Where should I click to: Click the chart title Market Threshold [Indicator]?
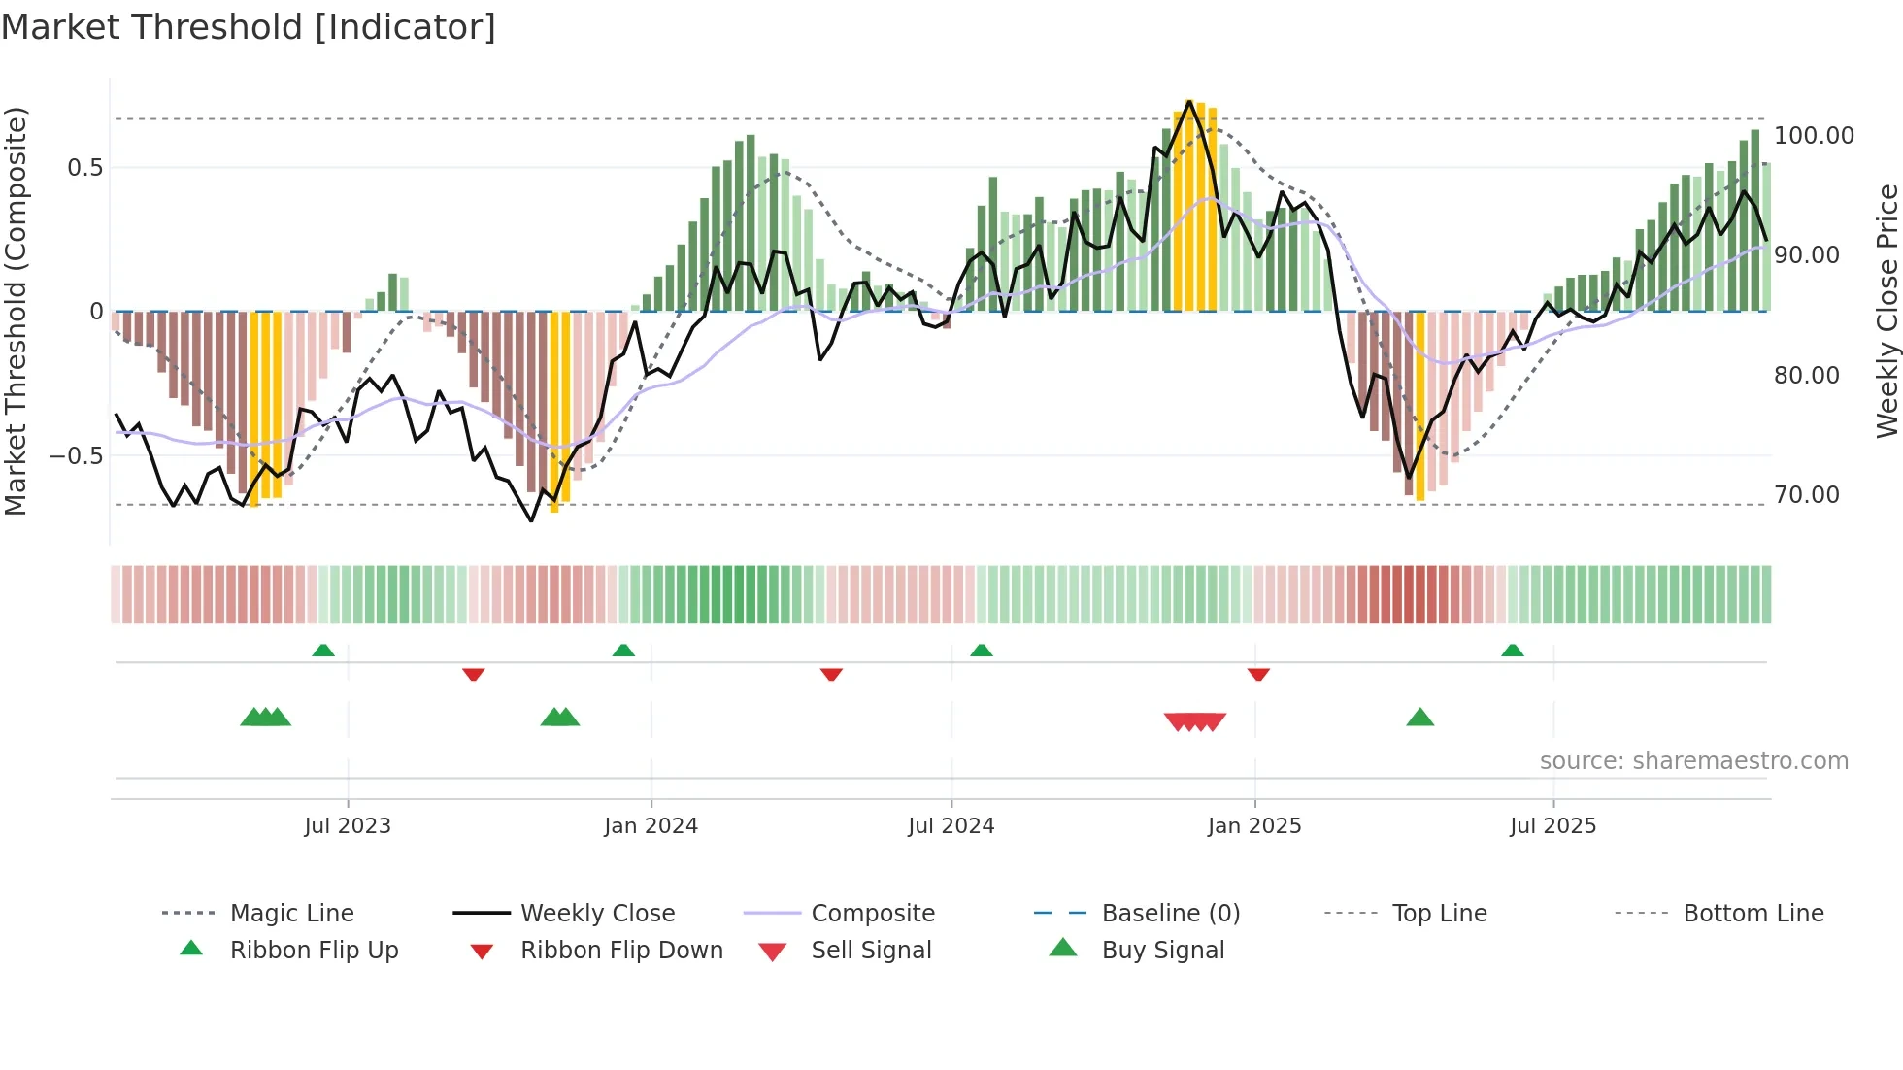click(249, 27)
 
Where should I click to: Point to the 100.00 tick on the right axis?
click(1814, 136)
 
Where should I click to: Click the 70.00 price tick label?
click(1806, 495)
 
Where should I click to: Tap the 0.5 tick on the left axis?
click(84, 168)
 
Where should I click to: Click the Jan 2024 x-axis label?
click(651, 826)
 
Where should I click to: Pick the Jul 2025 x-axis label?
click(1552, 826)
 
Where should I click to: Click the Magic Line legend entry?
click(291, 914)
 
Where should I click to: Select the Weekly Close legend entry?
click(597, 914)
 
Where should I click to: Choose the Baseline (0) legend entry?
click(1170, 914)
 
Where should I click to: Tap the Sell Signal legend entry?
click(871, 951)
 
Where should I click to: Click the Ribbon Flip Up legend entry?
click(314, 951)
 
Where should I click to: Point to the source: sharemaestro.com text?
click(1693, 761)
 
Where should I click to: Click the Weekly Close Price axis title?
click(1886, 311)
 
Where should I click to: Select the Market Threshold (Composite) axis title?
click(16, 311)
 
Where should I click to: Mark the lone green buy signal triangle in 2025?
click(1419, 718)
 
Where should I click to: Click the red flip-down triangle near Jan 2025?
click(1258, 674)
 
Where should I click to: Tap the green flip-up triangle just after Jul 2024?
click(981, 650)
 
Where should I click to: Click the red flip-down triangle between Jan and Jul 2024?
click(831, 674)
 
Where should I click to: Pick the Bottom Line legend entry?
click(1753, 914)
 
